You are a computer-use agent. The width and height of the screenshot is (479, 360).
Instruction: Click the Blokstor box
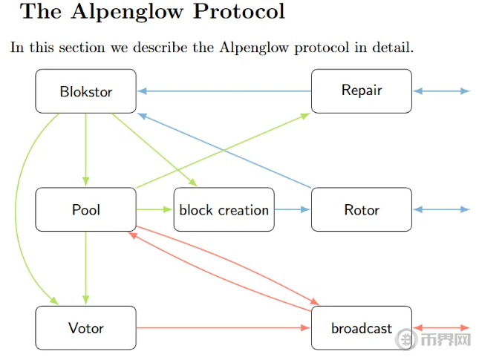pyautogui.click(x=85, y=91)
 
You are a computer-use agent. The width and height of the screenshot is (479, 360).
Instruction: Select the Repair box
pyautogui.click(x=362, y=91)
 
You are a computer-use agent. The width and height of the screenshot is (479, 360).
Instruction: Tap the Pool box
pyautogui.click(x=85, y=210)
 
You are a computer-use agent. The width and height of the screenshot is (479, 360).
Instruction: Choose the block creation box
pyautogui.click(x=224, y=210)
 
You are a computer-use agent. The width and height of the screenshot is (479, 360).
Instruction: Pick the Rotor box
pyautogui.click(x=362, y=210)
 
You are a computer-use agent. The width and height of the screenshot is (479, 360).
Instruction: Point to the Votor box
pyautogui.click(x=85, y=328)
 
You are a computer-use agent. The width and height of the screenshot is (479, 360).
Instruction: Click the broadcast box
pyautogui.click(x=362, y=328)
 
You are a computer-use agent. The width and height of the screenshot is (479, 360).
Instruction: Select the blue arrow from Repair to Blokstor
pyautogui.click(x=224, y=91)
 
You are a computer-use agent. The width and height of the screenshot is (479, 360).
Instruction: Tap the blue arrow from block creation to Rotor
pyautogui.click(x=293, y=210)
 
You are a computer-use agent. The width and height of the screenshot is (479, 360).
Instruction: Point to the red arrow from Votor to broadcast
pyautogui.click(x=223, y=327)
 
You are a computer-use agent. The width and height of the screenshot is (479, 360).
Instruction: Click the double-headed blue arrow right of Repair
pyautogui.click(x=441, y=91)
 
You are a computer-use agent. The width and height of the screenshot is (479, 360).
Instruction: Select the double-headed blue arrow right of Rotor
pyautogui.click(x=441, y=210)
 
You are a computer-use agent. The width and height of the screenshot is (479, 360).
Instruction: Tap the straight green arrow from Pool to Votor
pyautogui.click(x=86, y=267)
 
